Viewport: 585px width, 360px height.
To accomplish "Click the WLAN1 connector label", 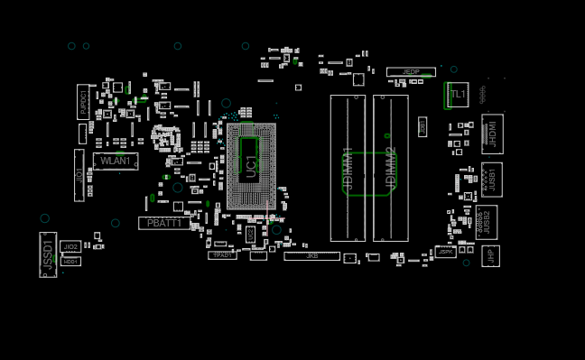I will (116, 162).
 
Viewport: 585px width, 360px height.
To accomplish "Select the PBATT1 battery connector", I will (164, 223).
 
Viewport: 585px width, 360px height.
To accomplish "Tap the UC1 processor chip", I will (251, 166).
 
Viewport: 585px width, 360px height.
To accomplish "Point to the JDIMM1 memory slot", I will (348, 168).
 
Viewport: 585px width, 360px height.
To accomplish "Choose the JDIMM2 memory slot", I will (391, 168).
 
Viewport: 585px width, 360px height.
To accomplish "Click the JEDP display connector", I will (411, 72).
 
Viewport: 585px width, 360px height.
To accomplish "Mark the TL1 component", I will (457, 94).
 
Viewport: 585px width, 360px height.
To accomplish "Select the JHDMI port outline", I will (492, 134).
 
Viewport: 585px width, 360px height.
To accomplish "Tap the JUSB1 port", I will (491, 179).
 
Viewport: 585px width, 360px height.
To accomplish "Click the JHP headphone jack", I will (489, 256).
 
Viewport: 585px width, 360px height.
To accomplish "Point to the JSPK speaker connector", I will (446, 252).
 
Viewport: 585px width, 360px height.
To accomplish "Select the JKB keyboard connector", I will (311, 256).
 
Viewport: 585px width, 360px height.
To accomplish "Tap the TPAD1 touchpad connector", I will (222, 255).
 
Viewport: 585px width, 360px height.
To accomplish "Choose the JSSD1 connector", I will (48, 254).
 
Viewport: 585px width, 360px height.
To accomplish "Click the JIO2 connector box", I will (70, 246).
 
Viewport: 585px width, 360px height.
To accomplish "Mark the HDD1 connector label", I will (70, 262).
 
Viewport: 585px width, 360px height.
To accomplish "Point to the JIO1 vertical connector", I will (79, 175).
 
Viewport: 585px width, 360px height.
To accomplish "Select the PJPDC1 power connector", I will (83, 102).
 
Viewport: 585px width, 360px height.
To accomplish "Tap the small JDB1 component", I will (422, 126).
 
